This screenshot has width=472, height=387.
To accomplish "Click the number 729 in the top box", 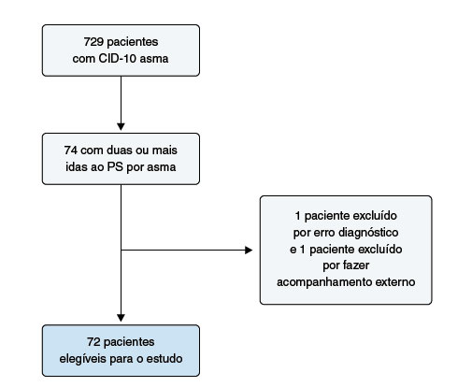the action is click(x=93, y=42).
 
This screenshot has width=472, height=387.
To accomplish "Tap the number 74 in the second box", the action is click(x=71, y=150).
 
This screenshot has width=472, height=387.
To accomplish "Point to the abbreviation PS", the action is click(x=115, y=167).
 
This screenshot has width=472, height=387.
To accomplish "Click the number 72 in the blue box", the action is click(x=93, y=342).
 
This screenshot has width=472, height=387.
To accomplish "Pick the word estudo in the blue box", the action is click(x=164, y=359).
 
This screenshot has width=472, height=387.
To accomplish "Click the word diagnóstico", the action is click(x=368, y=233).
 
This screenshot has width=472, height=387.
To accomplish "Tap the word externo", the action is click(x=395, y=282).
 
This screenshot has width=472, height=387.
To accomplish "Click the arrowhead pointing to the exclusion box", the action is click(x=249, y=250).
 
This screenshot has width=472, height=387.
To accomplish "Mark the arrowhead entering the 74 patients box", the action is click(x=121, y=126).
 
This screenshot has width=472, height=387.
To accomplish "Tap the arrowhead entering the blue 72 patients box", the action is click(x=121, y=318).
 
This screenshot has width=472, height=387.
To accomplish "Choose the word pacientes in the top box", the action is click(x=133, y=42).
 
